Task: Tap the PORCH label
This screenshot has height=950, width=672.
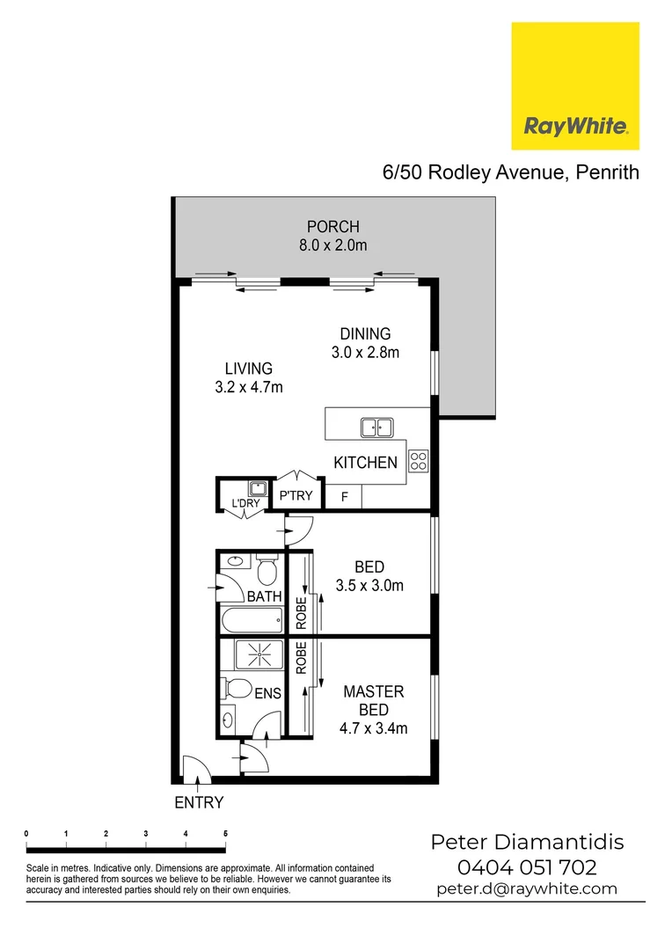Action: click(x=332, y=227)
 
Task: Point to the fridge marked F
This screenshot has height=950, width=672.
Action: click(x=345, y=497)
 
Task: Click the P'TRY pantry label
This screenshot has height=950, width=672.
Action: click(x=296, y=496)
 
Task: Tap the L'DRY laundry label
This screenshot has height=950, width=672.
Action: click(x=245, y=503)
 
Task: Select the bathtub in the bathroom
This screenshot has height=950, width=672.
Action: click(x=252, y=619)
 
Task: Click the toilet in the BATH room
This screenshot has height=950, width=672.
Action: click(x=268, y=573)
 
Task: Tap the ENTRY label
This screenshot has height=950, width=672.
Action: click(x=199, y=802)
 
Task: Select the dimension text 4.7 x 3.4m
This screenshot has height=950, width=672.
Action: click(x=373, y=728)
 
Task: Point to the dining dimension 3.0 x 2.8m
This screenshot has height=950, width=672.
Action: click(x=366, y=354)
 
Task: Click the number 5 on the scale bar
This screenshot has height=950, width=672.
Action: click(x=226, y=833)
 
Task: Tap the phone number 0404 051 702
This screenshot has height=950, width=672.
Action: click(x=526, y=867)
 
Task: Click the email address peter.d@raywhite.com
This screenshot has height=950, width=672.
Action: click(x=527, y=888)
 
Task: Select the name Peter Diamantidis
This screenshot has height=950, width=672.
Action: click(x=527, y=843)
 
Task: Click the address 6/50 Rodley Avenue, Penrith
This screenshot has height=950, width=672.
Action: click(x=510, y=172)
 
